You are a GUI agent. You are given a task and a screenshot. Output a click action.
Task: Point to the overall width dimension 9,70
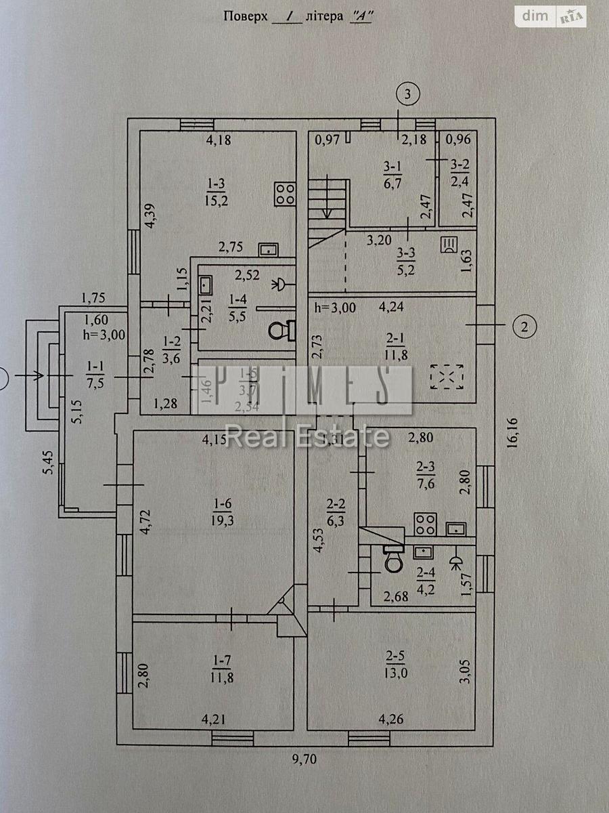304,759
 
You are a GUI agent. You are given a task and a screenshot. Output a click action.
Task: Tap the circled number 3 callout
407,93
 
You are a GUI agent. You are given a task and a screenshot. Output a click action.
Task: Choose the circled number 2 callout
524,327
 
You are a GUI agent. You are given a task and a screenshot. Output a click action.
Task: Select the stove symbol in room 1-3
284,194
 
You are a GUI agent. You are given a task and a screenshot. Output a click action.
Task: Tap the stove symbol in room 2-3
425,522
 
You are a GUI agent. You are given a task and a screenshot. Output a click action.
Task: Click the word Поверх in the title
246,16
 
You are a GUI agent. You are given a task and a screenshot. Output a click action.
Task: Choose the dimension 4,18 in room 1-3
219,141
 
